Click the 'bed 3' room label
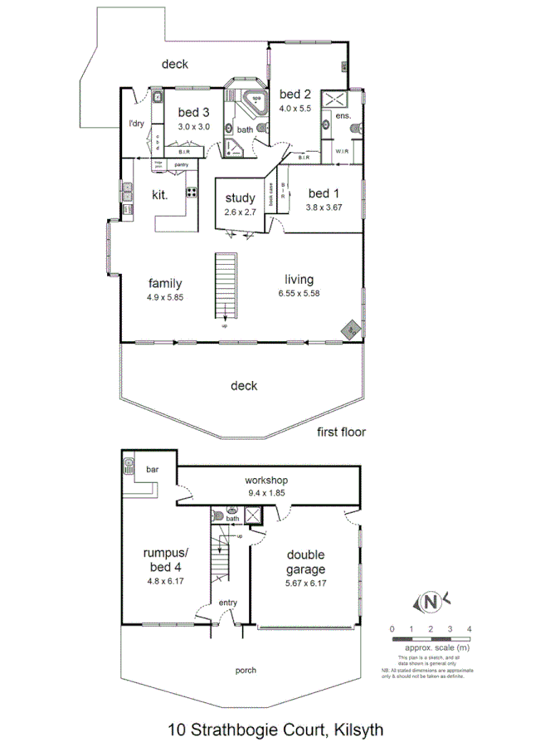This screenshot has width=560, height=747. tap(194, 113)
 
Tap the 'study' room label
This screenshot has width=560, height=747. tap(241, 198)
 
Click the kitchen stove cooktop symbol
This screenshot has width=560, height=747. tap(191, 193)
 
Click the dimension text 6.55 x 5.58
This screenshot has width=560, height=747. tap(302, 294)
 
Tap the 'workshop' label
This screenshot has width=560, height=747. tap(266, 481)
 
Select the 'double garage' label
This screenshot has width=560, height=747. tap(306, 562)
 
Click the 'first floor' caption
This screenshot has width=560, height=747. tap(341, 432)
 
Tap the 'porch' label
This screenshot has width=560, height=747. tap(246, 670)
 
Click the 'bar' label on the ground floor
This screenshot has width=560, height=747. tap(153, 470)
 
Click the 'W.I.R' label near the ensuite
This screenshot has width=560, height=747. tap(342, 152)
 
